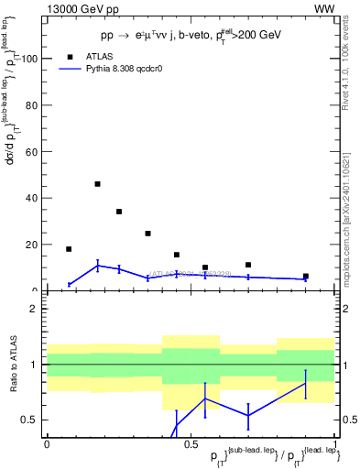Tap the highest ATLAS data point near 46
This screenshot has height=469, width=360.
[x=97, y=184]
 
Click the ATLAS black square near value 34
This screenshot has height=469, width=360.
[x=119, y=212]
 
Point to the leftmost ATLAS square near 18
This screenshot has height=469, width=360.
[x=69, y=249]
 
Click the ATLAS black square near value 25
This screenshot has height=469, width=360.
[x=147, y=234]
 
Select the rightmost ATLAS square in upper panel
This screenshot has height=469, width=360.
[x=306, y=277]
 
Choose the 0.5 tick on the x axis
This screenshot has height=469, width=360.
[x=190, y=442]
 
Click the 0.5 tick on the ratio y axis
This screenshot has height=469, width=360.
[x=30, y=420]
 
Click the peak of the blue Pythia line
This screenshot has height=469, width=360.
[x=97, y=266]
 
